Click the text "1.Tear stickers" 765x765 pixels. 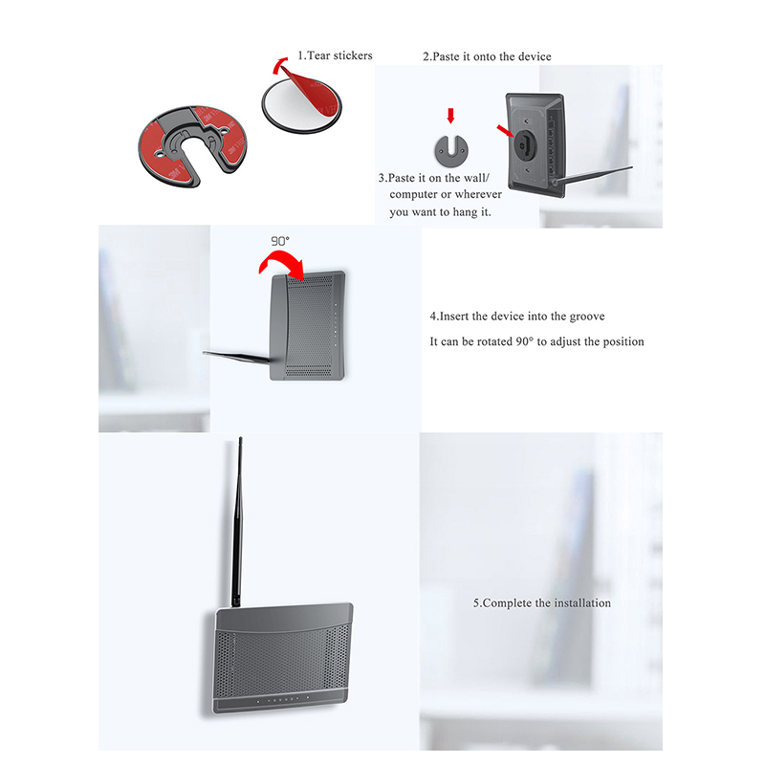336,55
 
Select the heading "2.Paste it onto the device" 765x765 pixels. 487,56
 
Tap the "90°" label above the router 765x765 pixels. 280,241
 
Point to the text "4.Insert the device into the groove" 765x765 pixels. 517,317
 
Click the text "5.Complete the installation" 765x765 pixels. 541,603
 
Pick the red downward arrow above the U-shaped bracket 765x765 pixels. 450,116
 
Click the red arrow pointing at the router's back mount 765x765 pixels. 506,131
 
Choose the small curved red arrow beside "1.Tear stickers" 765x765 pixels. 279,65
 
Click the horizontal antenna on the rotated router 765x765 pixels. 236,357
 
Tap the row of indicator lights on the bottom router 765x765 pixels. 283,700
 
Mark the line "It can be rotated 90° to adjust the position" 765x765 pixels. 536,341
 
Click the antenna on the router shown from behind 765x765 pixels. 593,175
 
